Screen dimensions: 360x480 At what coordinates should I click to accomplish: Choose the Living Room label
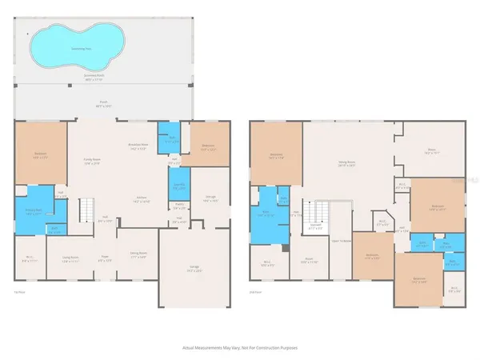click(70, 258)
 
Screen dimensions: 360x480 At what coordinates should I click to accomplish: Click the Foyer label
click(104, 258)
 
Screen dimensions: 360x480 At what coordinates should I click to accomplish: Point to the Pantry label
click(180, 205)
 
